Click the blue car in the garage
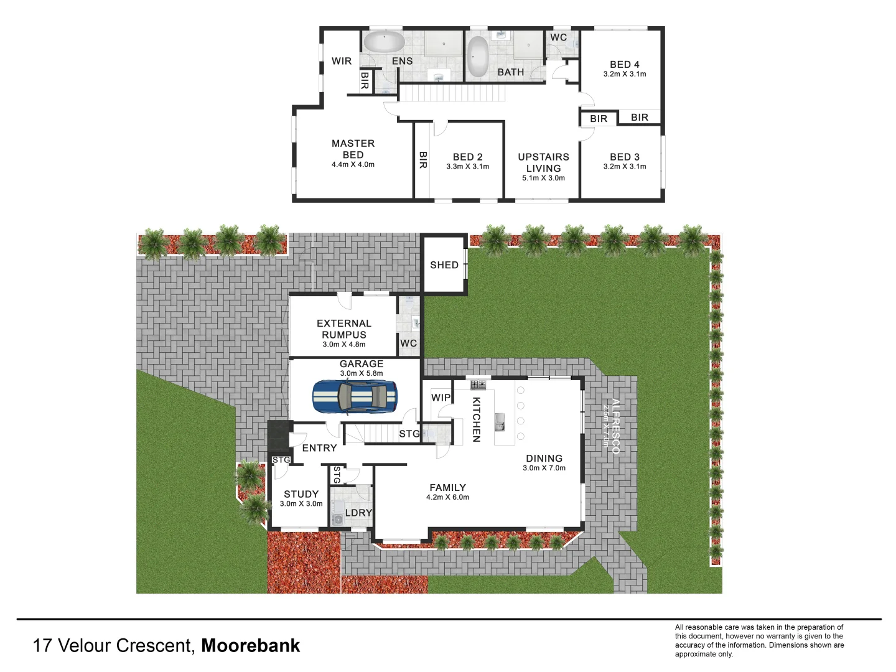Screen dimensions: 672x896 point(355,396)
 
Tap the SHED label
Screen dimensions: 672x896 point(444,265)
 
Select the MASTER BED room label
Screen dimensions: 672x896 point(353,149)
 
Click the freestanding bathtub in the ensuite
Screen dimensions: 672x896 point(384,42)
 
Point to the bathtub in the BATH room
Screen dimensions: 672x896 point(477,57)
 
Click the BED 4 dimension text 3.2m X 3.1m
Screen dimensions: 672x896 point(625,74)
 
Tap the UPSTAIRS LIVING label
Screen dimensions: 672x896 point(543,162)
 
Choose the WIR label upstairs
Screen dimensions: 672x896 point(342,61)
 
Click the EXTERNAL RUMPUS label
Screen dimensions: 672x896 point(344,329)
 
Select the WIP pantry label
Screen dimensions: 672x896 point(441,398)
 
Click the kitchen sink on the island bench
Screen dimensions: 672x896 point(500,422)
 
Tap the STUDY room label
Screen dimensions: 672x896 point(301,494)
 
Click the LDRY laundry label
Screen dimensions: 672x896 point(358,513)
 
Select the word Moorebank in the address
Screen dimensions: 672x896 point(251,646)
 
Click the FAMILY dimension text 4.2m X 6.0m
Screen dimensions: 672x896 point(447,498)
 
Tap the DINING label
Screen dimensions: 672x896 point(544,459)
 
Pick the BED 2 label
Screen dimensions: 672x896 point(467,157)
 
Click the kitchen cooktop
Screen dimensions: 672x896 point(478,384)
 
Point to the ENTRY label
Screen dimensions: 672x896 point(319,448)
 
